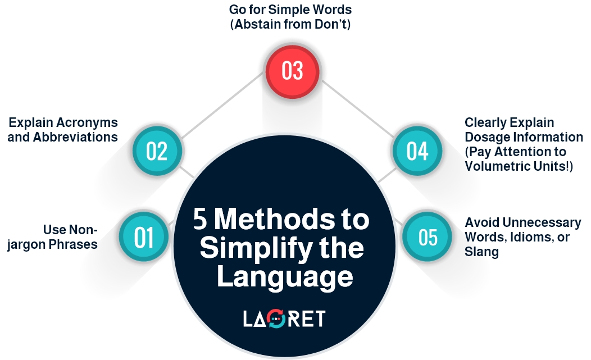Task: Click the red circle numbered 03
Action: pyautogui.click(x=292, y=71)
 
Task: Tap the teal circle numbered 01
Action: pyautogui.click(x=144, y=237)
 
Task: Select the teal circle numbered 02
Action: pyautogui.click(x=157, y=151)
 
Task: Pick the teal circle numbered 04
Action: pyautogui.click(x=417, y=151)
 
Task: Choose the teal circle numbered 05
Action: pyautogui.click(x=428, y=237)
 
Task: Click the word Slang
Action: pyautogui.click(x=481, y=252)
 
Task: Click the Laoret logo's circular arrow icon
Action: pyautogui.click(x=276, y=319)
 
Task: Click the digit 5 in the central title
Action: pyautogui.click(x=199, y=220)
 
